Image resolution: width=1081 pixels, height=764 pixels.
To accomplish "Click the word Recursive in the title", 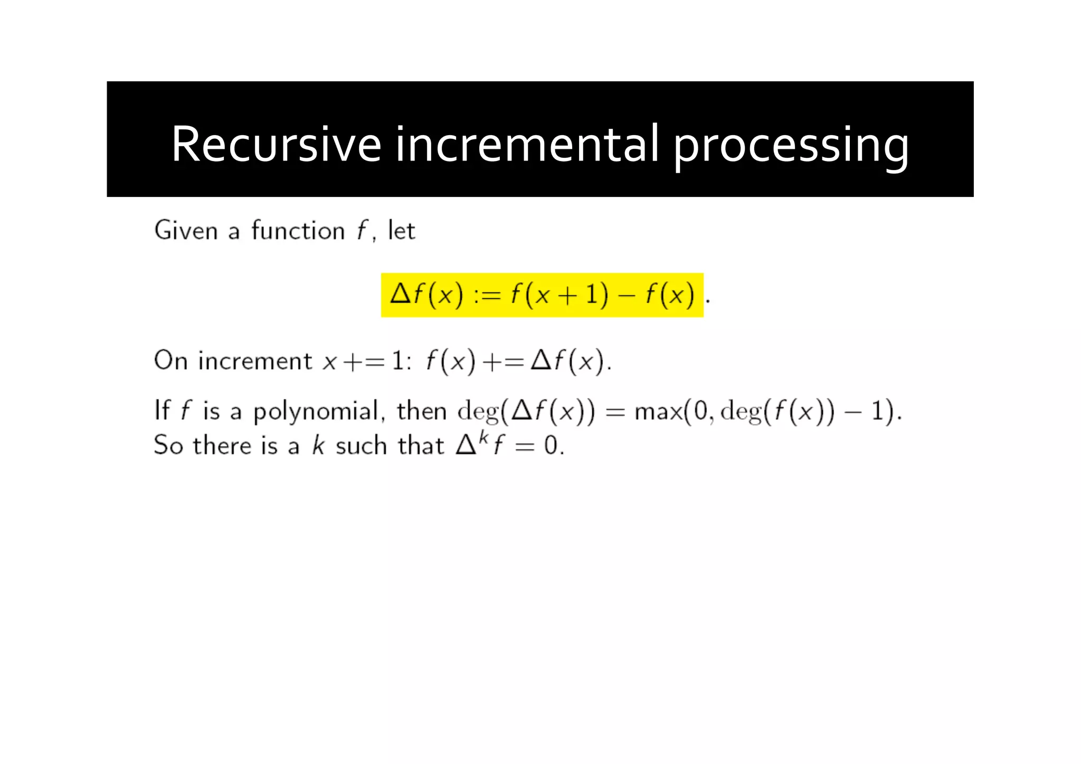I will [x=276, y=144].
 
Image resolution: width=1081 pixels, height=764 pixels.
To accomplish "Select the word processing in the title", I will [x=791, y=146].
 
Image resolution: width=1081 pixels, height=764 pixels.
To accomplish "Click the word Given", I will [x=186, y=231].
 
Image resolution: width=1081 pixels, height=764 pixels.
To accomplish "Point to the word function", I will [x=298, y=231].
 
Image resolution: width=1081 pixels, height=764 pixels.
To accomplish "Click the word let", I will [x=401, y=231].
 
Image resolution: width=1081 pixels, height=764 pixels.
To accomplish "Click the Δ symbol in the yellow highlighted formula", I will [x=401, y=294].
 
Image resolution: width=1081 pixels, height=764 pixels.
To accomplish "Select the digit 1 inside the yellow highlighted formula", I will [x=592, y=294].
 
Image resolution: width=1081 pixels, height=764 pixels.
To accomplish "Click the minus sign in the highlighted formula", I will [x=627, y=295].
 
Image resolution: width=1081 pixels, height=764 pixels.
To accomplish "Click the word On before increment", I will [x=170, y=361].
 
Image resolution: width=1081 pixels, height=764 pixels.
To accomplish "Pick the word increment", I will [x=255, y=361].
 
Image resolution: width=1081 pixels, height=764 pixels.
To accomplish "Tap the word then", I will [x=422, y=411].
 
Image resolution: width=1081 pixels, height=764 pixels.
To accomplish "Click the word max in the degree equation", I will [x=658, y=411].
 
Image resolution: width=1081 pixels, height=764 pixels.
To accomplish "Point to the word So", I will [x=168, y=445].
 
